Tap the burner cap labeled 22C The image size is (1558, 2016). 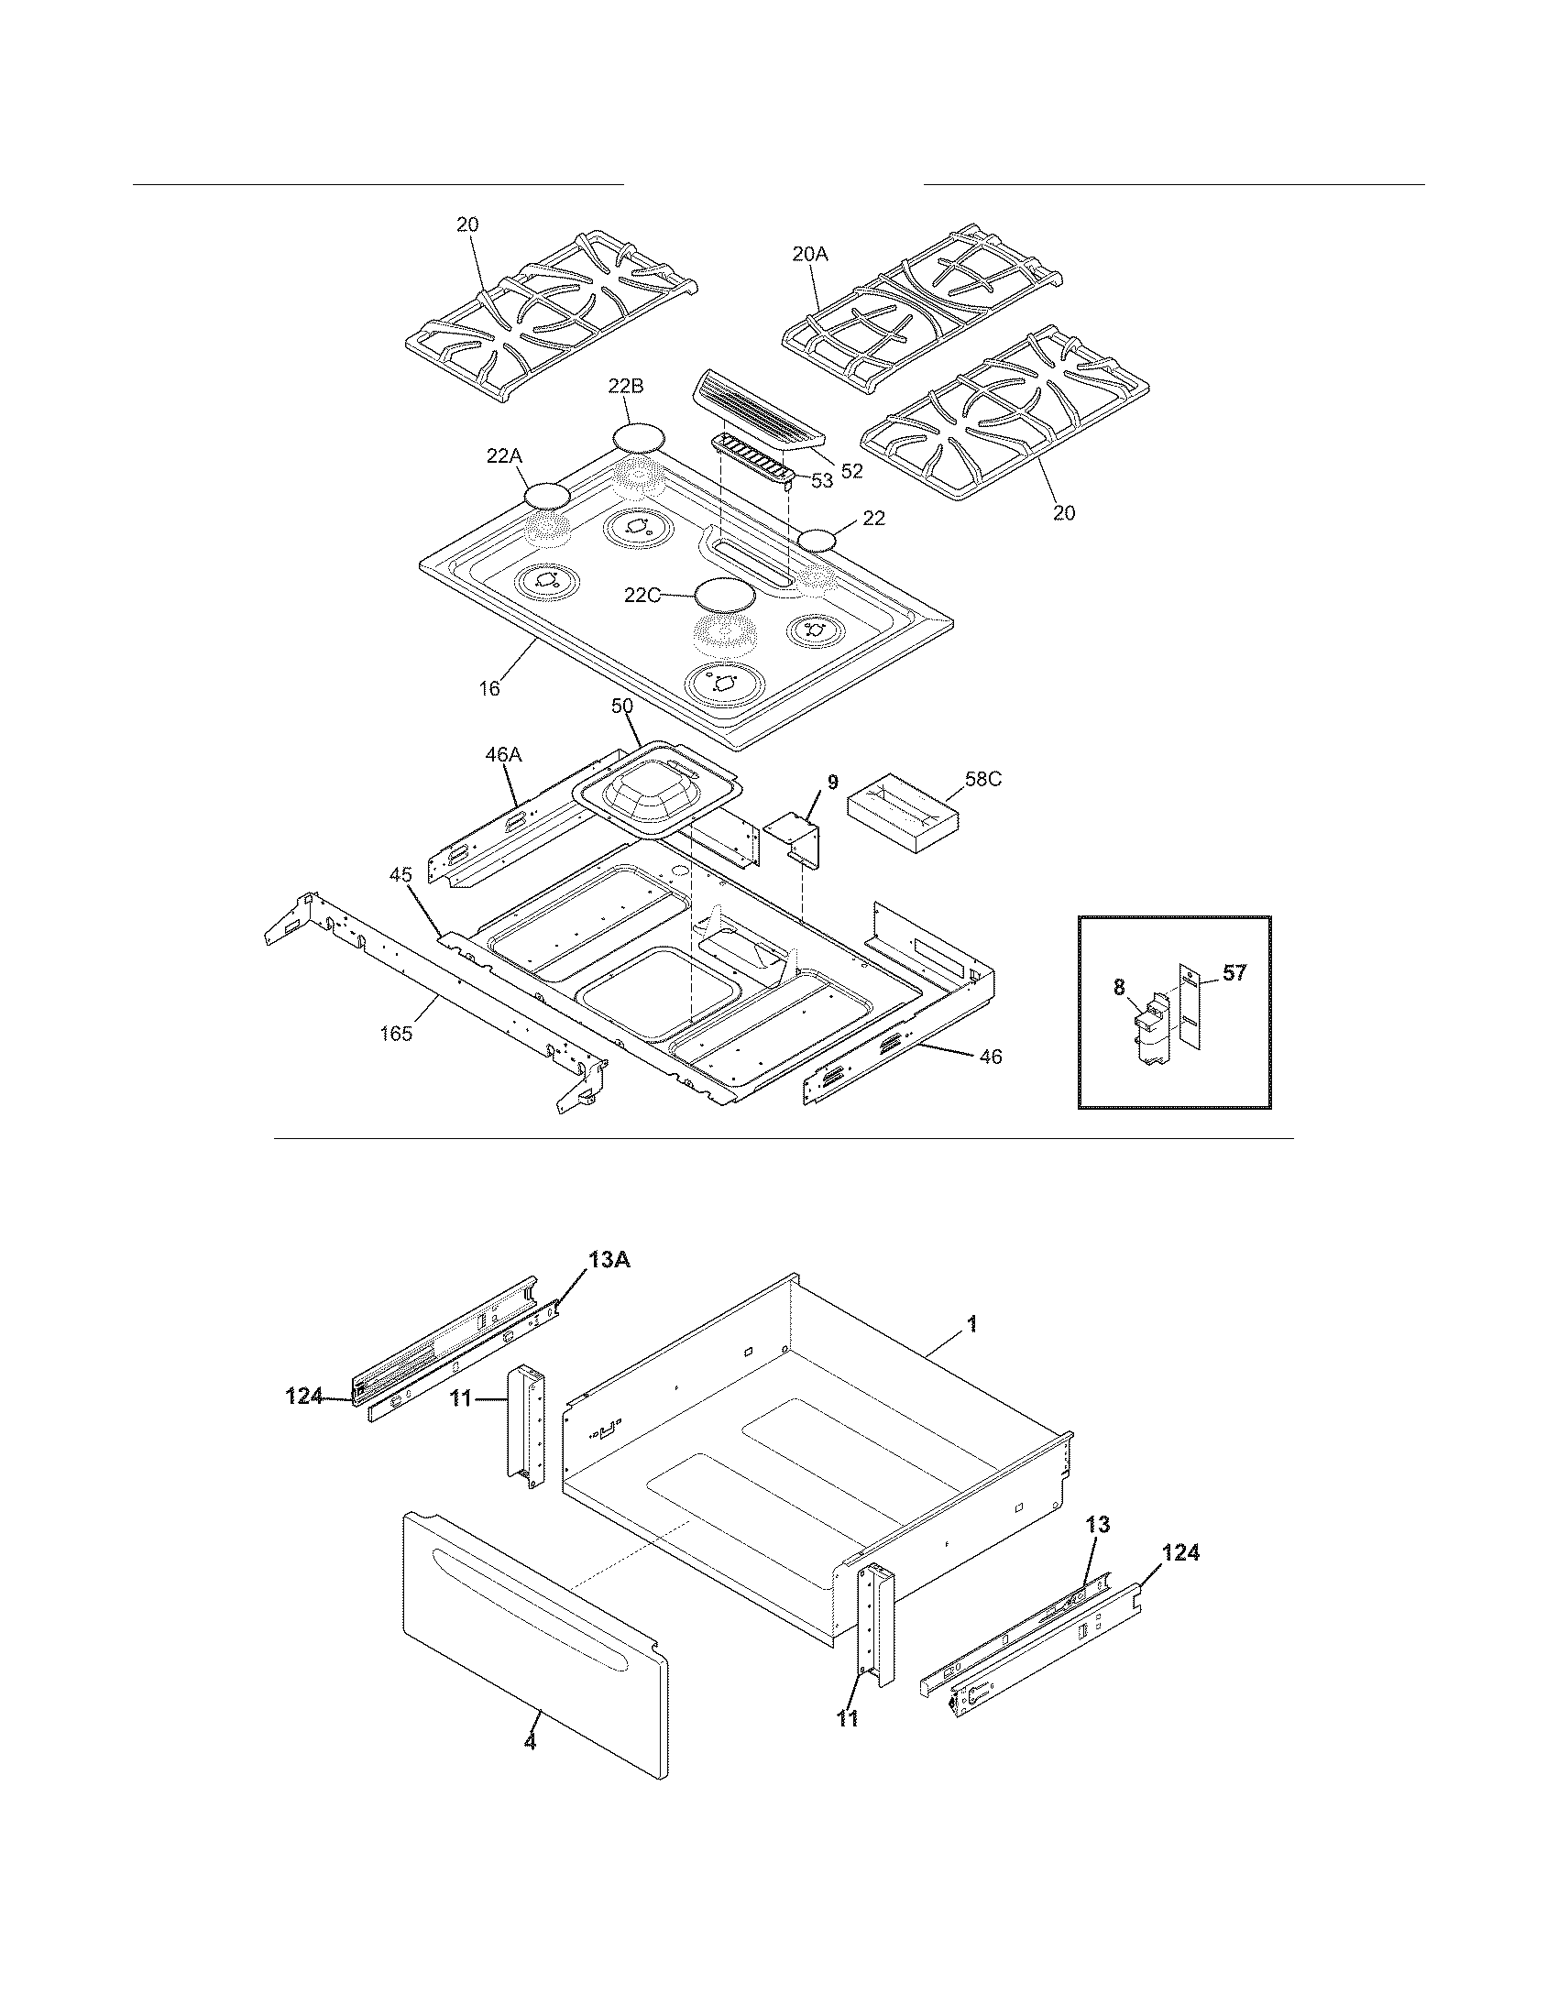(725, 594)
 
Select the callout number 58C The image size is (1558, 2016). (983, 779)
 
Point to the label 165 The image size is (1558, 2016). (396, 1033)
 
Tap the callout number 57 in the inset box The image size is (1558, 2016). (1234, 972)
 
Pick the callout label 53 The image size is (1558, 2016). (820, 480)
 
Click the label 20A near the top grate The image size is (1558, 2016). (809, 255)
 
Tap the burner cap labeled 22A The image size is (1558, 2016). (546, 496)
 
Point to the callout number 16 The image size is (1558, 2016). (489, 687)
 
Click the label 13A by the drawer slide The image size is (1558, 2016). (609, 1260)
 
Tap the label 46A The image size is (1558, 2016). (503, 754)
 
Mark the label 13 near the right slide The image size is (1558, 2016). (1097, 1524)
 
